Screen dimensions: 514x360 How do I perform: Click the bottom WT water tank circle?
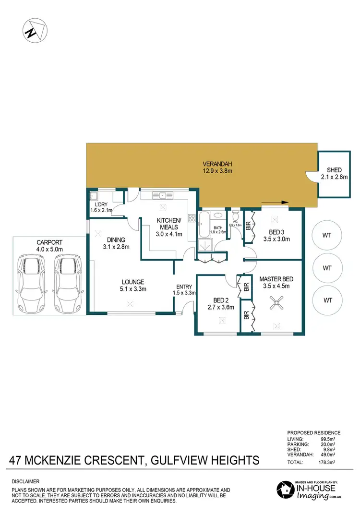click(328, 300)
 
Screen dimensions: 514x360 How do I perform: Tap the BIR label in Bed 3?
click(248, 226)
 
